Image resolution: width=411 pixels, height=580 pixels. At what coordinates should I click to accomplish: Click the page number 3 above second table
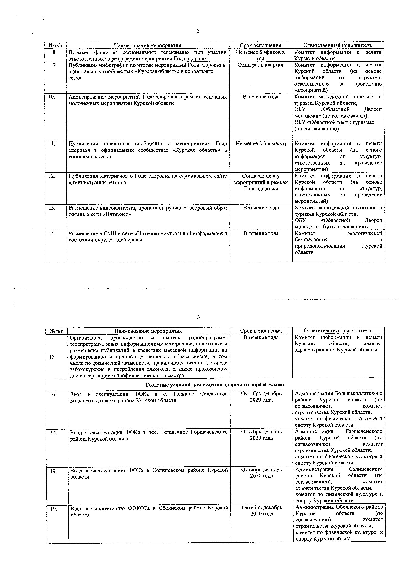pos(198,317)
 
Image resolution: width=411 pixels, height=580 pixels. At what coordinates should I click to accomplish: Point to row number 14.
pos(52,233)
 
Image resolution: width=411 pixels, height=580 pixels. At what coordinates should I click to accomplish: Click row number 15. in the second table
pos(53,357)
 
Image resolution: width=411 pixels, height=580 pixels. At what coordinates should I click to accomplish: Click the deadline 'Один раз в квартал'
pos(260,65)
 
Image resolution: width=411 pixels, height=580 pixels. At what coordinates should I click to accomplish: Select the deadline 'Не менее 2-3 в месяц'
pos(261,144)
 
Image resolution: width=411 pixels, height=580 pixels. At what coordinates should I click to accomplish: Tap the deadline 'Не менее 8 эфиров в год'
pos(260,55)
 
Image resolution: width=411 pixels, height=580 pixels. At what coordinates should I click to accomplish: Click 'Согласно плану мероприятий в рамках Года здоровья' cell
pos(261,182)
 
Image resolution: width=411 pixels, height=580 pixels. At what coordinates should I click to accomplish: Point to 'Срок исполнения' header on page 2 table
pos(260,45)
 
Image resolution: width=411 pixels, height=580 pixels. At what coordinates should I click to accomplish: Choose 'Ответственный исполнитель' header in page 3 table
pos(338,331)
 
